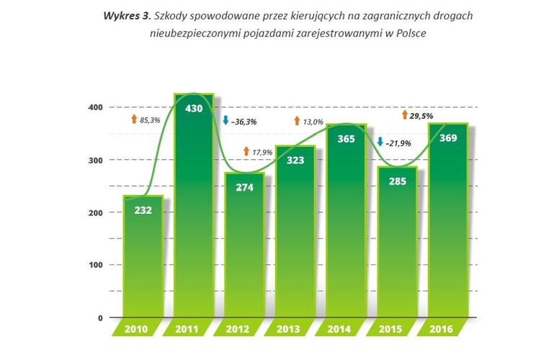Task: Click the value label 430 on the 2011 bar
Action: coord(194,109)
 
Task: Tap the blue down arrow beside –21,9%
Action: coord(380,143)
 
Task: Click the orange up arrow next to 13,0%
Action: coord(297,122)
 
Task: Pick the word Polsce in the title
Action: coord(408,33)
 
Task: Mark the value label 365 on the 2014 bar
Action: coord(347,139)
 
